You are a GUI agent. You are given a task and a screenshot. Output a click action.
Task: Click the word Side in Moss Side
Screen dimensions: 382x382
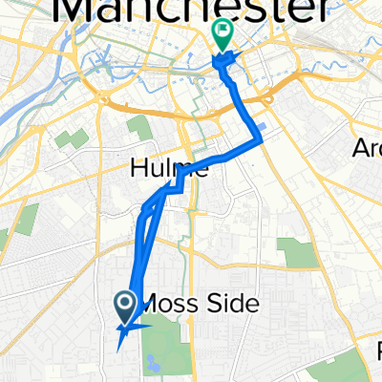coord(233,305)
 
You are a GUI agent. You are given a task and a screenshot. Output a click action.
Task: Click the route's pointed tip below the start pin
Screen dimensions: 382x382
coord(118,349)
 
